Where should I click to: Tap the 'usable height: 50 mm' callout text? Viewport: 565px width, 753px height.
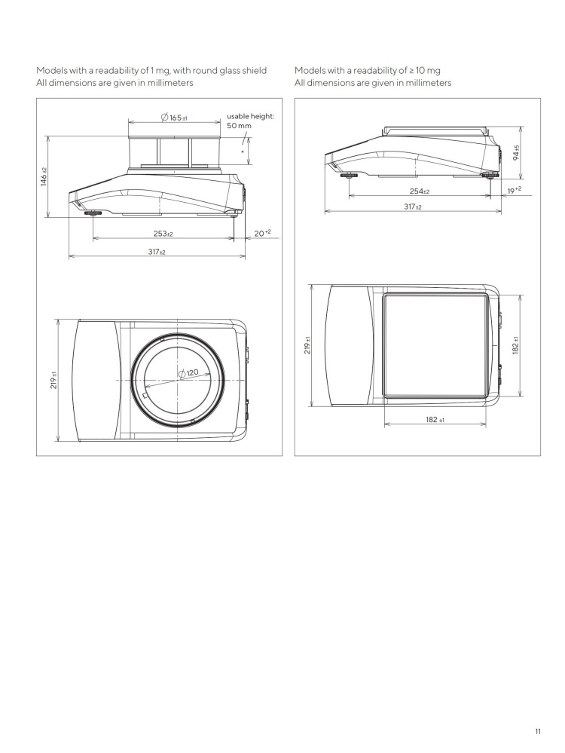246,122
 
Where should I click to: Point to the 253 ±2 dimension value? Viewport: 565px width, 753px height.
163,234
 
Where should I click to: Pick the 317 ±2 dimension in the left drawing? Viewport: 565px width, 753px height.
156,251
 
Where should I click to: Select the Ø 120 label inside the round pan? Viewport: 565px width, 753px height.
189,373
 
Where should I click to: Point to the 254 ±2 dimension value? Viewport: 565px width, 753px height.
420,191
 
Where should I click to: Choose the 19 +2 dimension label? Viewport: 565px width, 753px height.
514,191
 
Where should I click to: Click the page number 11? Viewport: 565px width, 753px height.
538,730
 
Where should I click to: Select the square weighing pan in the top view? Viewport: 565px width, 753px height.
433,345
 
